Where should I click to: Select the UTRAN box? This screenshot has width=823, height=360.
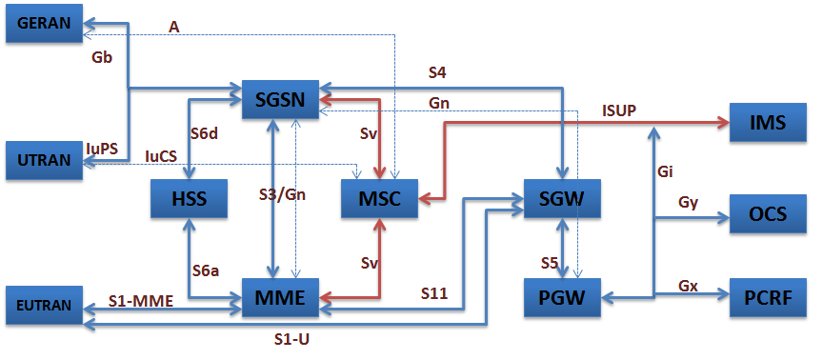44,160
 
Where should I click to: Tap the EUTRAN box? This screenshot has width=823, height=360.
44,304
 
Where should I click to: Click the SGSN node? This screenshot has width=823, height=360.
279,99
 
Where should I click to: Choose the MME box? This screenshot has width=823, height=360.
279,298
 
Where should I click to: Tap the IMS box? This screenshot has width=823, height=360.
768,124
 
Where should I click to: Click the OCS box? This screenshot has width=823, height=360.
768,213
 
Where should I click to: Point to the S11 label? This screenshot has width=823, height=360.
436,293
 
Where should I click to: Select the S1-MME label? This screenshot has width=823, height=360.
140,301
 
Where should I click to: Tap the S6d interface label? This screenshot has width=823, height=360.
204,134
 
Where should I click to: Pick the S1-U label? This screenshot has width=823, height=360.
291,337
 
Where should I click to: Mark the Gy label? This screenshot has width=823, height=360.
689,203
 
